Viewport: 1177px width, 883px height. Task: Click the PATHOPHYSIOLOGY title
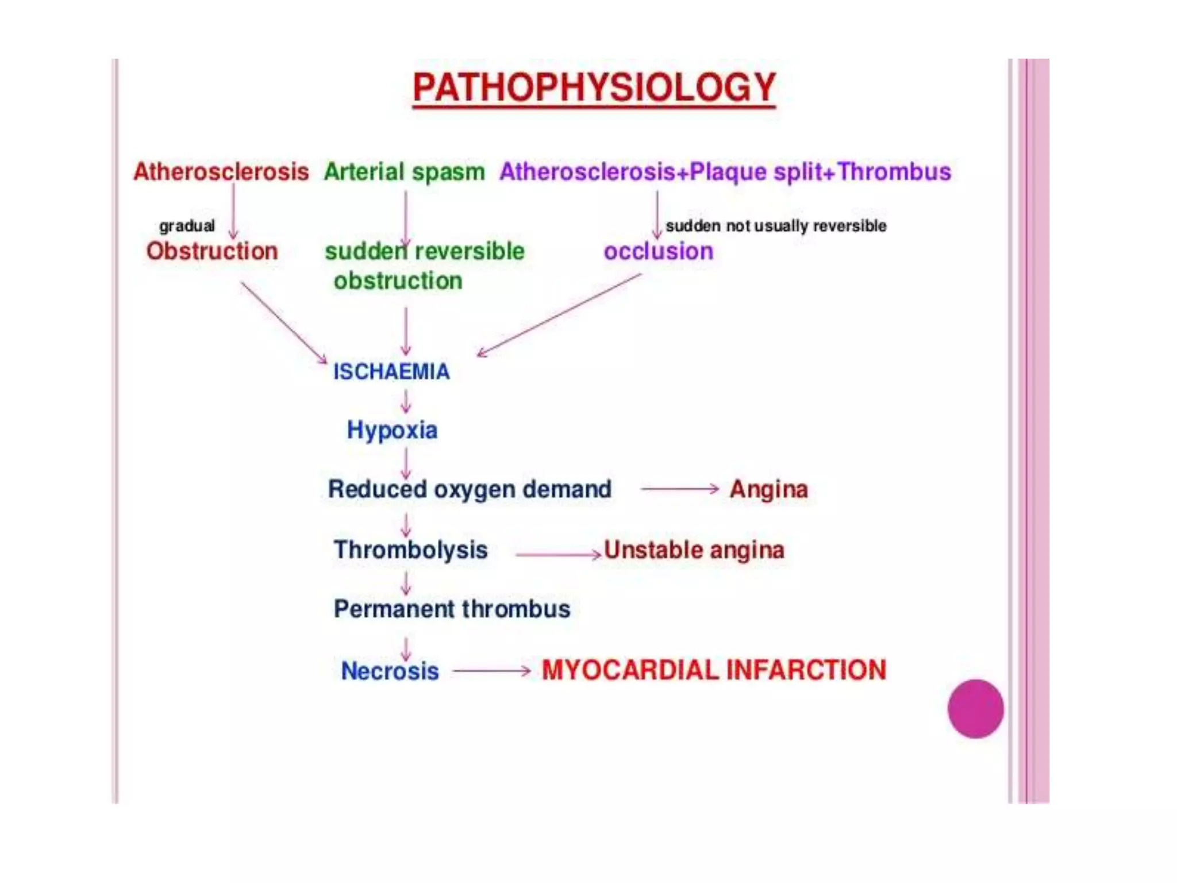594,87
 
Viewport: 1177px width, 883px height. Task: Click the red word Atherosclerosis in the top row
221,172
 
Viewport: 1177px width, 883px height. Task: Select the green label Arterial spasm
404,172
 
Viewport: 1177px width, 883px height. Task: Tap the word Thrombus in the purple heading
894,172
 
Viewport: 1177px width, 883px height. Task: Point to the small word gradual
187,226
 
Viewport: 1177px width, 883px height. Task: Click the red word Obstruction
212,251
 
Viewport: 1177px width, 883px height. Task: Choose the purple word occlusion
658,251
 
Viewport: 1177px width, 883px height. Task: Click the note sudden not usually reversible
776,226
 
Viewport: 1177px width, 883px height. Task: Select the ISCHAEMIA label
391,372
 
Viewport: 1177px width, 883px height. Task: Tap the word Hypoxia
392,430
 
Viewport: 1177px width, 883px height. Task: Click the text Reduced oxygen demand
470,489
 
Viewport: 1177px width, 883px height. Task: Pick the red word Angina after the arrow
768,489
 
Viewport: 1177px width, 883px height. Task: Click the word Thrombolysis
410,550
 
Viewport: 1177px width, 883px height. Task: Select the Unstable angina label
694,550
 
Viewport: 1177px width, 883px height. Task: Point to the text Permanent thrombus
452,609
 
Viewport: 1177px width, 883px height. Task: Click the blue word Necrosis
390,671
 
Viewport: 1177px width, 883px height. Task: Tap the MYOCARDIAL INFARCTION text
714,670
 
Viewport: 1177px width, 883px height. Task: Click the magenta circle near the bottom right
975,708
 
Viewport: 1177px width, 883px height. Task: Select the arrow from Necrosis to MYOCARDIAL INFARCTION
491,670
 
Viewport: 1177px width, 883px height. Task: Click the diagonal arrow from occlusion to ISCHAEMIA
559,315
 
